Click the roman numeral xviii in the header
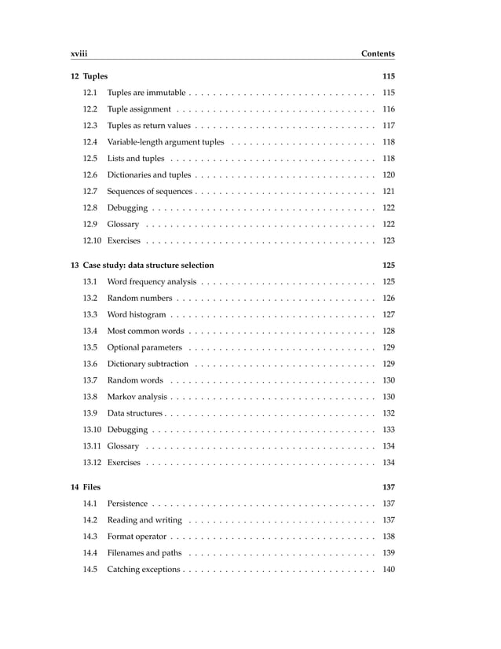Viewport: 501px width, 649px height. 78,53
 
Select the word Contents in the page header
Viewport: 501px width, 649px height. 377,53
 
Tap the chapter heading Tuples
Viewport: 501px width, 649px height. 95,76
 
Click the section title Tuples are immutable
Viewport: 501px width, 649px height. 146,93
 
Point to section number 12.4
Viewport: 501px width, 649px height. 90,142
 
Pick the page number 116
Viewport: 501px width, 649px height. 388,109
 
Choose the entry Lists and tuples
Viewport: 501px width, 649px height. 135,159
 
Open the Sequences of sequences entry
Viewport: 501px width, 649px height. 149,192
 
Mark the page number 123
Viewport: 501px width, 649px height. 388,240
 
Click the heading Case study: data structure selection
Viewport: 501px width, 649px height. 148,265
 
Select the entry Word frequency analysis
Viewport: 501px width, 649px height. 152,281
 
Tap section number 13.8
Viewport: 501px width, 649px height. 90,397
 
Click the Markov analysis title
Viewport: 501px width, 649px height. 137,397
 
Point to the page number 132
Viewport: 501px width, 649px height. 388,413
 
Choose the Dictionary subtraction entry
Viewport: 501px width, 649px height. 148,364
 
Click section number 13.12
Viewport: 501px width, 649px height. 93,462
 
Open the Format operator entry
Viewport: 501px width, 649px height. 137,537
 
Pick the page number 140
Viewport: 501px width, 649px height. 388,569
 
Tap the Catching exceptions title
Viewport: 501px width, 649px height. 144,569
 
